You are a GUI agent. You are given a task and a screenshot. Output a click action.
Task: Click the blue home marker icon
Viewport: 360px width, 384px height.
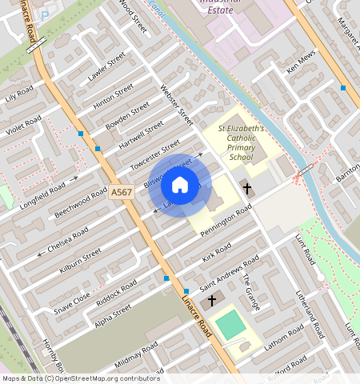180,185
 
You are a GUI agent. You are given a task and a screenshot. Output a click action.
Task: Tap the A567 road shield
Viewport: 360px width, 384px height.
122,193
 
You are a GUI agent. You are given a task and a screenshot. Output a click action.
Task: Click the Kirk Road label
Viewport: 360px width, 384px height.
217,253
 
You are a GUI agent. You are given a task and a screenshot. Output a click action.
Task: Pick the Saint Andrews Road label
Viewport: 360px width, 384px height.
229,274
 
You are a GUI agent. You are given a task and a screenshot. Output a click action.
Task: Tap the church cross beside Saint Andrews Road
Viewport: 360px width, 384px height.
212,300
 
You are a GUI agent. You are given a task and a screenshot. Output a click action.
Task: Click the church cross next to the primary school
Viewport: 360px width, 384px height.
247,189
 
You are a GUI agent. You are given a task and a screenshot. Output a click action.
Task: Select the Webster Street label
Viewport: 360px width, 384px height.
178,105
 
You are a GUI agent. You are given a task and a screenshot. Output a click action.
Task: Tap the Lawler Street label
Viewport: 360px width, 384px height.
108,67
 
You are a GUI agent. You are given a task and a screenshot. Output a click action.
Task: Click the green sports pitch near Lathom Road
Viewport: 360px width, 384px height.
231,324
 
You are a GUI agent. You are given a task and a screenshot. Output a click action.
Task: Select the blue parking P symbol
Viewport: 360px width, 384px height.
44,14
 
